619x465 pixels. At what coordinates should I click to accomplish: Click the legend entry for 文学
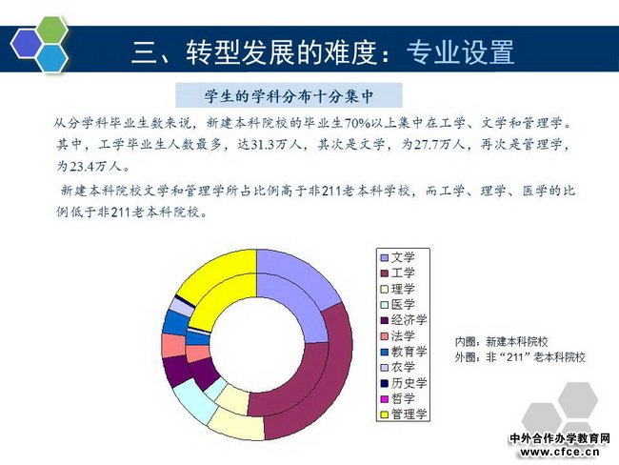click(397, 257)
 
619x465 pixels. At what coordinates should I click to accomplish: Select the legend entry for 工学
click(397, 273)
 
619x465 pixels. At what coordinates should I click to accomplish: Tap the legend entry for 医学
click(397, 305)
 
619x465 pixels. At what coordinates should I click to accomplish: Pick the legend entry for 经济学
click(404, 320)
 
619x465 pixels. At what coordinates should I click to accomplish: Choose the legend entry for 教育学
click(404, 352)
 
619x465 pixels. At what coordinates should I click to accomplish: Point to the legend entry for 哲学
click(397, 398)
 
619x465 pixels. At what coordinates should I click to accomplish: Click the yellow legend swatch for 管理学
click(384, 414)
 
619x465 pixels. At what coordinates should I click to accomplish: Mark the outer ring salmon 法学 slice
click(173, 346)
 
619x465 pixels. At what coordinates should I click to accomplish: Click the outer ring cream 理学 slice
click(236, 425)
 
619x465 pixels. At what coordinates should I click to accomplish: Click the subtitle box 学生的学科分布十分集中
click(289, 95)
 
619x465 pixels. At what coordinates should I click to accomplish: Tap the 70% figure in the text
click(357, 123)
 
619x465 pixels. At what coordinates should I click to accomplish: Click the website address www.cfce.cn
click(559, 452)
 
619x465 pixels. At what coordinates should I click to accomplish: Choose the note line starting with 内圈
click(501, 342)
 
